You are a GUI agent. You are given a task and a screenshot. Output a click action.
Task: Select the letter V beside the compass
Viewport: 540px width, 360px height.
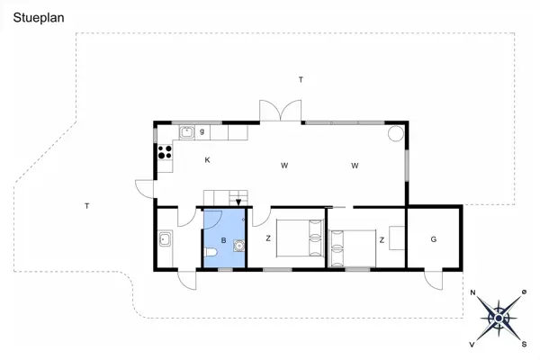click(472, 344)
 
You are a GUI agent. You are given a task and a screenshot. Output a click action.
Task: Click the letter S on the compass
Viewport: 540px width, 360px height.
click(524, 344)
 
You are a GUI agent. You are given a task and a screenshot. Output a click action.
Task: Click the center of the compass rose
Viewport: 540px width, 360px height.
click(498, 318)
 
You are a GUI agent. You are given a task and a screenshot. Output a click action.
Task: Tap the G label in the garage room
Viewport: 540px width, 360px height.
click(433, 239)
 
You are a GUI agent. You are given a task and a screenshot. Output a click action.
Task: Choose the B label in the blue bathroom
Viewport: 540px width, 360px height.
click(223, 240)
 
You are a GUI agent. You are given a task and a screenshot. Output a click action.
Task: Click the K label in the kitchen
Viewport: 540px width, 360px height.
click(207, 161)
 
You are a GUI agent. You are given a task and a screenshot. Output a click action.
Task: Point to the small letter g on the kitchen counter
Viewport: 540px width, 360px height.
click(202, 132)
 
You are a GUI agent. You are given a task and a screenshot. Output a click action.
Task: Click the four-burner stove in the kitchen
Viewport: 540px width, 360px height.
click(166, 152)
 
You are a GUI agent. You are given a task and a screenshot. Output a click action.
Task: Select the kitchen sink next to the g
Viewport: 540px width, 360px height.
click(187, 132)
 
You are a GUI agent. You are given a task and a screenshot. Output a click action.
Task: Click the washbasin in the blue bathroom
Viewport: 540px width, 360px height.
click(239, 243)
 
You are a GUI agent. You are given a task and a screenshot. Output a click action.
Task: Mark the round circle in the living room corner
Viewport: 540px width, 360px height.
click(395, 133)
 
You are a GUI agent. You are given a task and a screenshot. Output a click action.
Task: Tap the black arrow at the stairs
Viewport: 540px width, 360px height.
click(238, 202)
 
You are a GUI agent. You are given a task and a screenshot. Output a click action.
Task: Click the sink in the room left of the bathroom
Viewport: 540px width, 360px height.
click(166, 239)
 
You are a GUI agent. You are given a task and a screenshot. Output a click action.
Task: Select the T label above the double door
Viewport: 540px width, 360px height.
click(301, 80)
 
